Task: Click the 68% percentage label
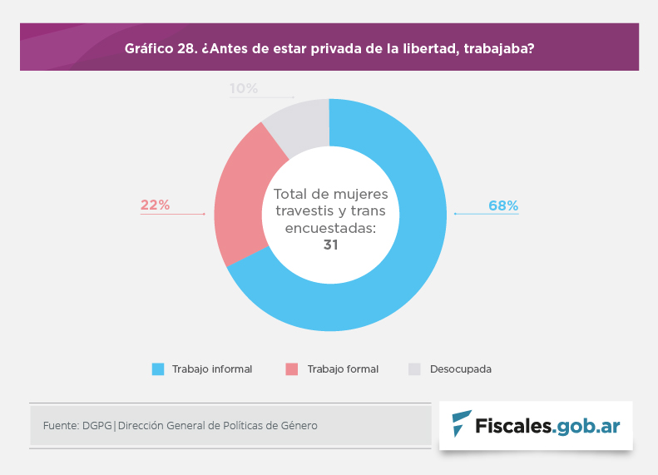coord(503,205)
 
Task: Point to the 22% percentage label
coord(156,205)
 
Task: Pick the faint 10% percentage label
coord(244,88)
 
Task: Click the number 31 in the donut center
coord(330,245)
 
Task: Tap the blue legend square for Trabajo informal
coord(158,369)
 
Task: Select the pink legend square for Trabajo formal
coord(291,369)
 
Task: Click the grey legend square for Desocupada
coord(414,369)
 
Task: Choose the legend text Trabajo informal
coord(212,369)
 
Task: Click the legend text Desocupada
coord(460,369)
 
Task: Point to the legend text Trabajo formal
coord(343,369)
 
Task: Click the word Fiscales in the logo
coord(512,427)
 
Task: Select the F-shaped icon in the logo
coord(460,425)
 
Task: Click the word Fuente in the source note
coord(60,425)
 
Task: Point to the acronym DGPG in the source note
coord(98,425)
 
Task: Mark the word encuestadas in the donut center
coord(330,227)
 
